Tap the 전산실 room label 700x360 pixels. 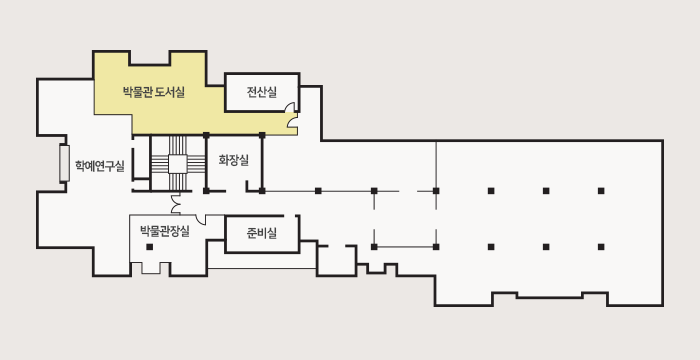[x=261, y=94]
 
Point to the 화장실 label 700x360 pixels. [x=233, y=159]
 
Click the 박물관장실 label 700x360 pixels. [x=165, y=231]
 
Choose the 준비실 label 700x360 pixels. [x=262, y=233]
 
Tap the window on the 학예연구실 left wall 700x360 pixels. [x=64, y=163]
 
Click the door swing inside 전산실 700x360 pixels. [x=293, y=122]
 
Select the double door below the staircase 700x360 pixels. [x=176, y=204]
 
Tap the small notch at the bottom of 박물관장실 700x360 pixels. [x=153, y=268]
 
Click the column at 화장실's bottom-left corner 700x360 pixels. [x=206, y=190]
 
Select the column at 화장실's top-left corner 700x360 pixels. [x=206, y=134]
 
